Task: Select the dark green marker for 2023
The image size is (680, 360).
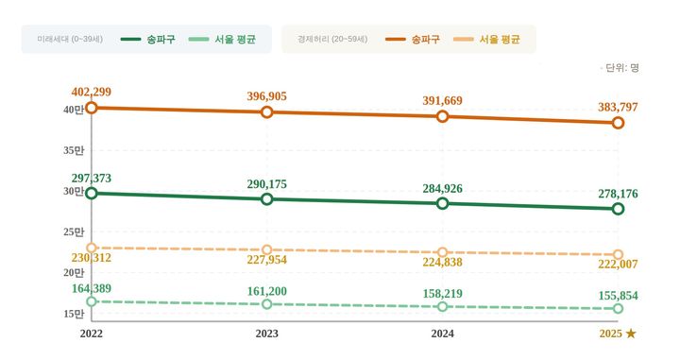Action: [x=267, y=199]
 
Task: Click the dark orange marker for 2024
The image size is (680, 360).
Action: [x=442, y=116]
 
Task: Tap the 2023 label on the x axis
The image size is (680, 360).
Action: [x=267, y=334]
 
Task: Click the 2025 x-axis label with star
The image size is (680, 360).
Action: [x=618, y=334]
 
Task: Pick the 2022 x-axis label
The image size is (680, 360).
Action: [x=92, y=334]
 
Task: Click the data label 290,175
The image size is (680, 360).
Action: [x=267, y=184]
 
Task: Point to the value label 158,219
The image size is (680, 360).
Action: [x=442, y=294]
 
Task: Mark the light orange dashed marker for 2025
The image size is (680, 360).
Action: [x=618, y=255]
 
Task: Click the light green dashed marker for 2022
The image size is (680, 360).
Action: [x=92, y=301]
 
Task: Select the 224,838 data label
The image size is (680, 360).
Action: [x=442, y=263]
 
